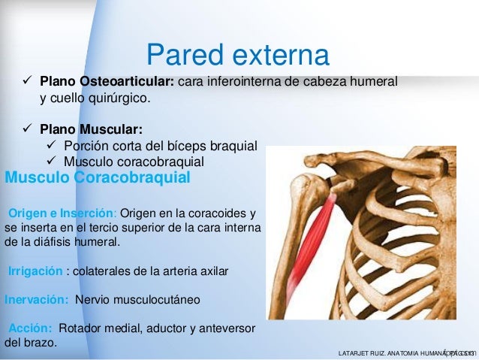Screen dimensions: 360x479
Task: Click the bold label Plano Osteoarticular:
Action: [107, 81]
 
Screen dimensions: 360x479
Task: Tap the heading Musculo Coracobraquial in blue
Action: [98, 178]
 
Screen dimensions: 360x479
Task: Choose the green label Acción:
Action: [31, 329]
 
